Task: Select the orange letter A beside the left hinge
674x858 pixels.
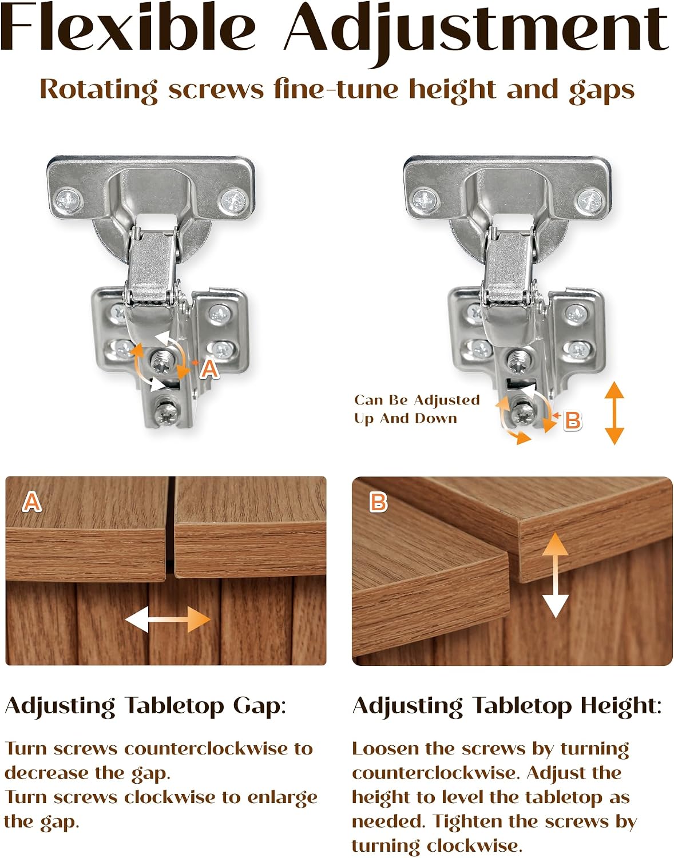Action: [x=209, y=370]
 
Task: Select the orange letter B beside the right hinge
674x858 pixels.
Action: [x=572, y=420]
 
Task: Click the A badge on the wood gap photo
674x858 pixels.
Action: [x=32, y=503]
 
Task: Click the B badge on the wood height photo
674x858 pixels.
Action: [x=378, y=503]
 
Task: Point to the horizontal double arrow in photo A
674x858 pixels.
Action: [x=168, y=619]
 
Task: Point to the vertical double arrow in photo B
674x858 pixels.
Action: [x=555, y=575]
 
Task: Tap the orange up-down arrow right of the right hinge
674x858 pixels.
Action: [x=614, y=413]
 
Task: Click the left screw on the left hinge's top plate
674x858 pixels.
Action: [x=70, y=201]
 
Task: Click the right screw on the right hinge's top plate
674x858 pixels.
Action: [x=590, y=201]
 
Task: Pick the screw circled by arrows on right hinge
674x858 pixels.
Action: [x=524, y=412]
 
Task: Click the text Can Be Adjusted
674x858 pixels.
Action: [x=417, y=400]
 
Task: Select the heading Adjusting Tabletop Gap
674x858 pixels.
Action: [x=145, y=706]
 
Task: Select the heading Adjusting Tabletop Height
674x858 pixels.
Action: [x=507, y=706]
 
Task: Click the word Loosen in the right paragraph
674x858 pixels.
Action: [x=379, y=749]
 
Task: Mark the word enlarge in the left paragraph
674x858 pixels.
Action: [x=282, y=799]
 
